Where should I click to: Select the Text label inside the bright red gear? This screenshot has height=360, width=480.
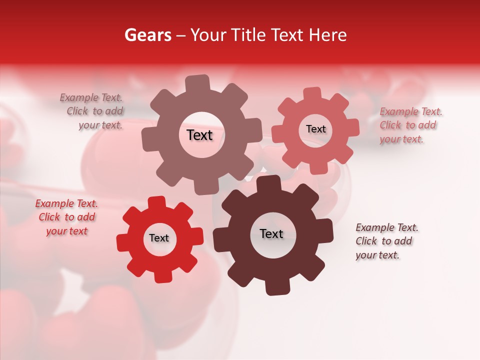[x=159, y=238]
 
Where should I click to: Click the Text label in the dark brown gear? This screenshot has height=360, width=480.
[x=271, y=233]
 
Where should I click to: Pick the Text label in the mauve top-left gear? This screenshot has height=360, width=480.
[x=199, y=135]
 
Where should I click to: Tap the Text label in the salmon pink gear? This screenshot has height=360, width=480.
[x=315, y=129]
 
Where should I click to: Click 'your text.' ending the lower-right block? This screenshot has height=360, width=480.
[x=377, y=255]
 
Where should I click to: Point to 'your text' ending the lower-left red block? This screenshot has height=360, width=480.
[x=66, y=231]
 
